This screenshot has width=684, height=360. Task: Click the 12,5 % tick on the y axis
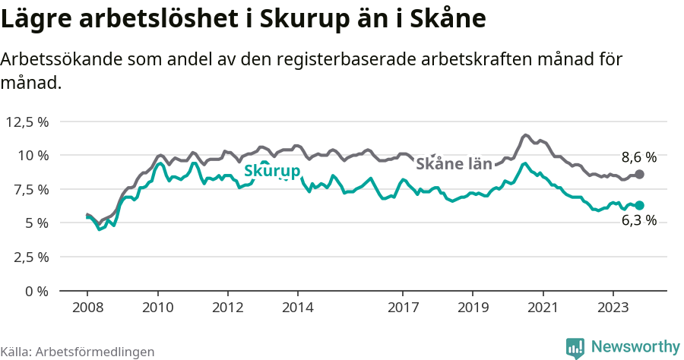pos(27,122)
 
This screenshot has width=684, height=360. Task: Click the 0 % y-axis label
pos(37,291)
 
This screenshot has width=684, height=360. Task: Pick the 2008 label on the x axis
pos(87,308)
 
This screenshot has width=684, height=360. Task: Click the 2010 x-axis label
pos(157,308)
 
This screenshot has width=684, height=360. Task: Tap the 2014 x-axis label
pos(297,308)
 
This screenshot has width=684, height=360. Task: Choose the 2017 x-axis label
pos(403,308)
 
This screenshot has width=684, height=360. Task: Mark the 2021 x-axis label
pos(543,308)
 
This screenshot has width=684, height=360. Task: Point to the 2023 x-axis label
pos(613,308)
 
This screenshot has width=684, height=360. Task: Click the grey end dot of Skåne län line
pos(640,175)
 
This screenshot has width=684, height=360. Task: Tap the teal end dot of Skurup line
pos(640,205)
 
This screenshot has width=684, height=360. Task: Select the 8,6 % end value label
pos(638,158)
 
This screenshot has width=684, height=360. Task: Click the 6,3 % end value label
pos(638,220)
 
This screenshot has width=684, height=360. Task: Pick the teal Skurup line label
pos(271,172)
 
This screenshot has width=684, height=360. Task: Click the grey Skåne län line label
pos(454,163)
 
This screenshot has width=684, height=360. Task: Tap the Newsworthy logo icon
pos(575,347)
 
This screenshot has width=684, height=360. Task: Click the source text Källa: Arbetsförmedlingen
pos(78,352)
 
